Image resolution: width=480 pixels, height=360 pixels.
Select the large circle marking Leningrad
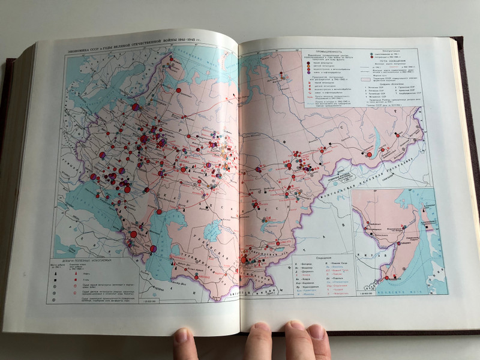pos(136,107)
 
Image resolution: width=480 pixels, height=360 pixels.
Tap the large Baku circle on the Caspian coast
pos(154,248)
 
